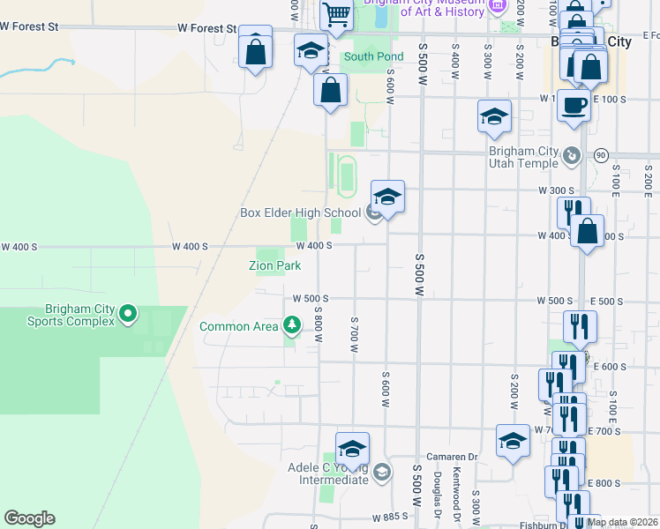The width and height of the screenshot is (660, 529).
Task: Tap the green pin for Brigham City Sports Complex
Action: [128, 313]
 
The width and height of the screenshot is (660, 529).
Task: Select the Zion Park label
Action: [274, 265]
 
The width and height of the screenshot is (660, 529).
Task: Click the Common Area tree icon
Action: [292, 326]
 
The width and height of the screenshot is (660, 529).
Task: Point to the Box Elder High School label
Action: [300, 212]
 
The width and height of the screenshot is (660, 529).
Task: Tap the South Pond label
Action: [373, 57]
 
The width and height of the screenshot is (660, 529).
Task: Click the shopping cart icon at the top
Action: [336, 15]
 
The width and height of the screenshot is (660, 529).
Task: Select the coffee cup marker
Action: [573, 107]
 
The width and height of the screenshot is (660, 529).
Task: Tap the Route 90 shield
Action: [601, 155]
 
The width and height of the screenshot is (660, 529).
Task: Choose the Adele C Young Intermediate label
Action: [329, 473]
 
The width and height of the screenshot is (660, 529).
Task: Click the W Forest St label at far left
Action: [29, 27]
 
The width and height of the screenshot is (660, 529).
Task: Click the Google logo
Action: [29, 518]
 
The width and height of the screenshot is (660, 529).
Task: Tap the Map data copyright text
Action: [622, 522]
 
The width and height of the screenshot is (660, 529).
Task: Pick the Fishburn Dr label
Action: [544, 525]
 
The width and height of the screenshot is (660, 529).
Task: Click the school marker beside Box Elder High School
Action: [387, 197]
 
